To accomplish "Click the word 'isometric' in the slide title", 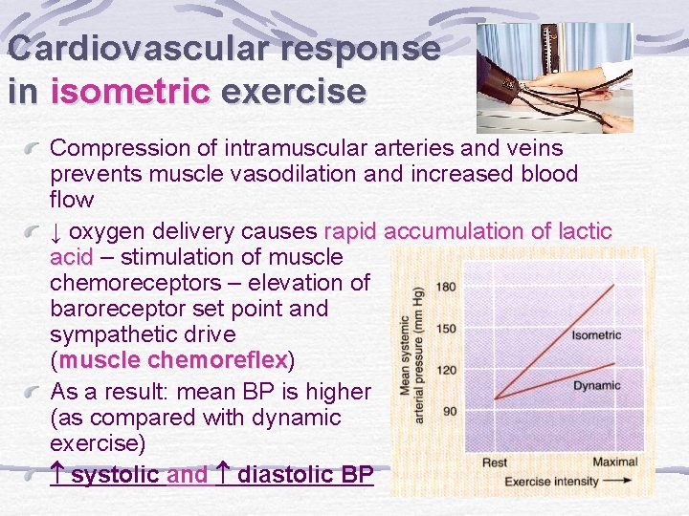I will pyautogui.click(x=130, y=92).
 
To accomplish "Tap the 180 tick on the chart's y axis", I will pyautogui.click(x=446, y=287).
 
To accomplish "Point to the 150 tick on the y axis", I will pyautogui.click(x=446, y=328).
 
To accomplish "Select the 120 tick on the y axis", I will pyautogui.click(x=446, y=369).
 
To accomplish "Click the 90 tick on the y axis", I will pyautogui.click(x=449, y=410).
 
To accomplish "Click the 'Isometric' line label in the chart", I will pyautogui.click(x=596, y=334).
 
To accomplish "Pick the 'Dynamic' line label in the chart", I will pyautogui.click(x=596, y=386).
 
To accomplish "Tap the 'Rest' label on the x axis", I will pyautogui.click(x=494, y=462).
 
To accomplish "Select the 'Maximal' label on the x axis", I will pyautogui.click(x=614, y=462).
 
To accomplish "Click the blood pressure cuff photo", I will pyautogui.click(x=554, y=77).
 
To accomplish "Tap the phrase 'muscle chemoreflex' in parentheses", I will pyautogui.click(x=176, y=360).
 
